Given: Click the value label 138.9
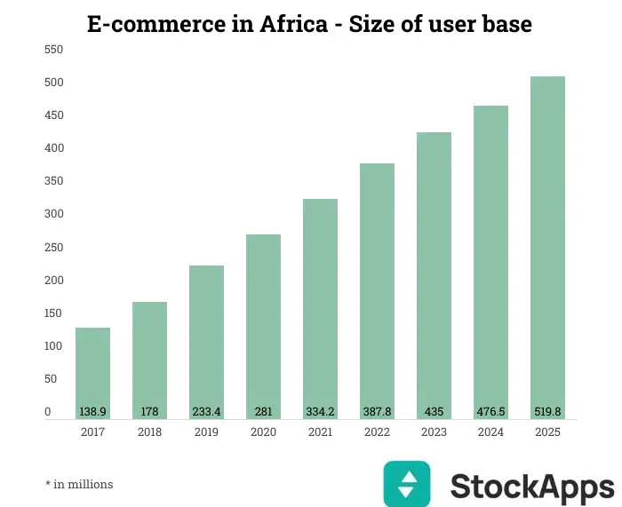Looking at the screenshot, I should click(x=92, y=412).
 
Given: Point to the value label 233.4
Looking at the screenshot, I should click(x=206, y=412).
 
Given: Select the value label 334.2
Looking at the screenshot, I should click(x=320, y=412).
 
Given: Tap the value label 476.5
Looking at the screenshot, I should click(x=490, y=412).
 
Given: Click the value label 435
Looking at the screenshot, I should click(x=434, y=412).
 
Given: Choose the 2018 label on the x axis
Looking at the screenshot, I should click(x=149, y=432).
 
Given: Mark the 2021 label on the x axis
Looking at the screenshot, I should click(x=320, y=432).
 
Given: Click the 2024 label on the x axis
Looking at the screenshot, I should click(x=490, y=432).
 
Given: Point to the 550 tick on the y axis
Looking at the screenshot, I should click(x=53, y=50).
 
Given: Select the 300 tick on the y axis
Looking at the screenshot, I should click(x=53, y=214).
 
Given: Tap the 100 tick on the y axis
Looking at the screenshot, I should click(x=53, y=345).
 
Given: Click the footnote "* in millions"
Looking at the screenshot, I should click(x=79, y=484).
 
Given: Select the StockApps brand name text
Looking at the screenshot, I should click(x=531, y=487).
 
